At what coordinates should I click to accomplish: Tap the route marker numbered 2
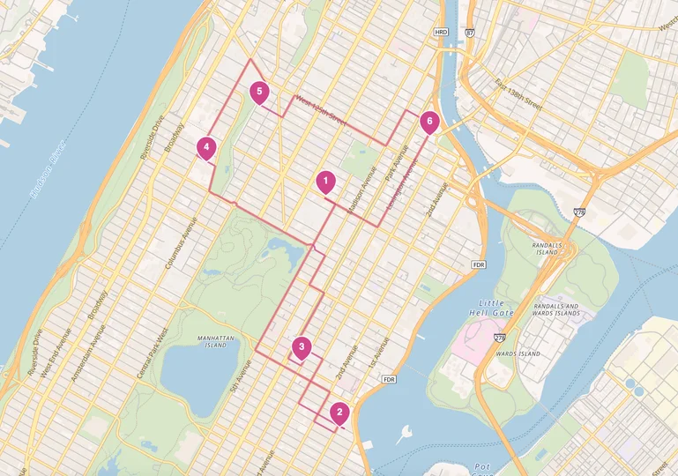(340, 412)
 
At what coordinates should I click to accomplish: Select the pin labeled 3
(302, 347)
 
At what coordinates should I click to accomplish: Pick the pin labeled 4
(206, 147)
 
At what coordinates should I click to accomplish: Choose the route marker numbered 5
(258, 91)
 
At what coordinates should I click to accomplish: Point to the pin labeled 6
(429, 121)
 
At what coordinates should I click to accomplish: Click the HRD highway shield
(442, 32)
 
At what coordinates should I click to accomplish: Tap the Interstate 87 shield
(469, 32)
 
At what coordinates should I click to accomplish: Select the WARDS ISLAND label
(518, 353)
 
